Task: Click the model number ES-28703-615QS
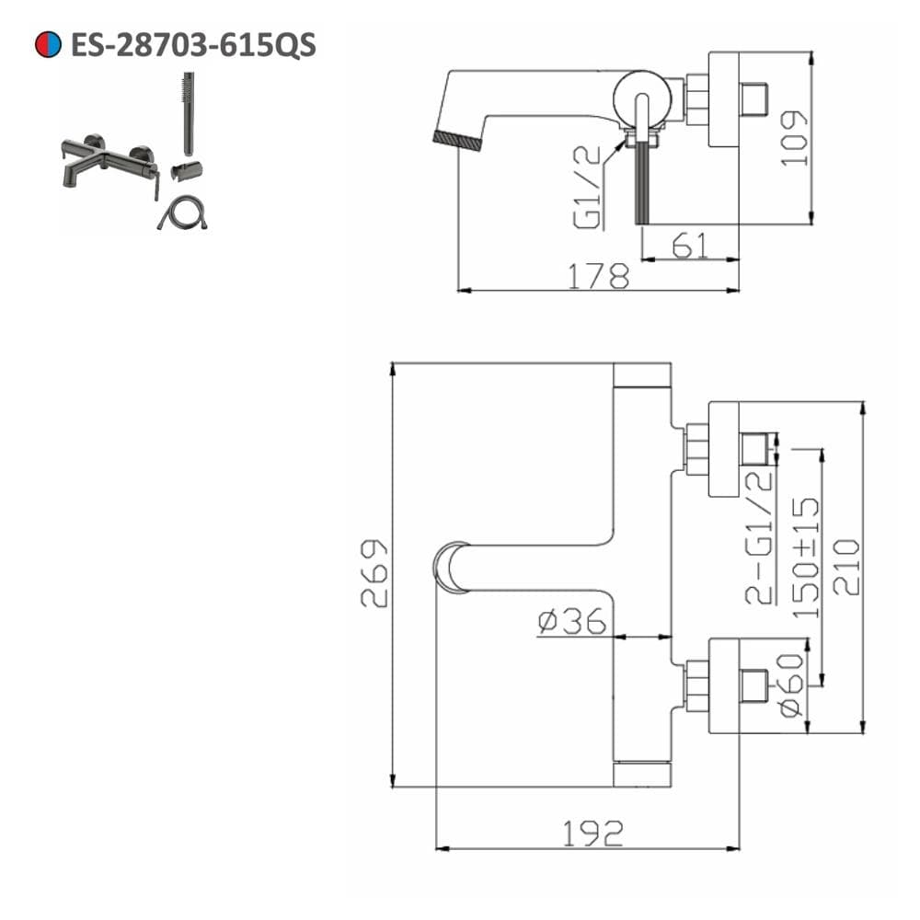tap(193, 45)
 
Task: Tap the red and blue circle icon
tap(48, 44)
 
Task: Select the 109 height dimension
tap(794, 139)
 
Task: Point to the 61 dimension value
tap(689, 246)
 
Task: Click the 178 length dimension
tap(599, 276)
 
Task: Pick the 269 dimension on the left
tap(374, 573)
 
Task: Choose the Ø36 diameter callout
tap(571, 621)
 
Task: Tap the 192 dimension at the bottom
tap(592, 834)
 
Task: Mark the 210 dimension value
tap(846, 568)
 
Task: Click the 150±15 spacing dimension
tap(806, 558)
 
